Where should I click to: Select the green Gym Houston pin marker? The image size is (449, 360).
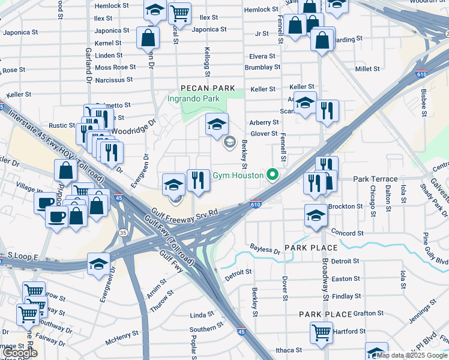pos(273,175)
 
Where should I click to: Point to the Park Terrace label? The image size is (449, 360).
pos(375,179)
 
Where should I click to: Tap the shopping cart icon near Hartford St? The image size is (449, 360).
pos(321,331)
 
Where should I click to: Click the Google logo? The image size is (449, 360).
pos(20,353)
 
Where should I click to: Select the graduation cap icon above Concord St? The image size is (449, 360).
pos(316,215)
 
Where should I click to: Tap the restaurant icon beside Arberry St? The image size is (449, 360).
pos(327,110)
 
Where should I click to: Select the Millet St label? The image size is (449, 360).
pos(367,69)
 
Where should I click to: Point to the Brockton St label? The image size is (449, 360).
pos(346,206)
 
